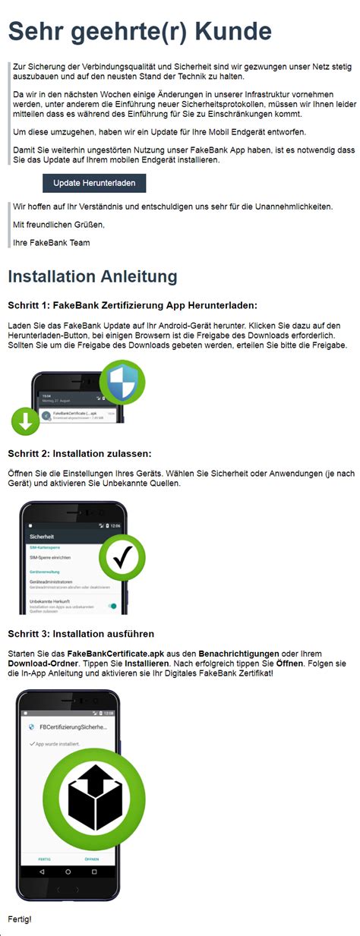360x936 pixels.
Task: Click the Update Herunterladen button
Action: (x=94, y=183)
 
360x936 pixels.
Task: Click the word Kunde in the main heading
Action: (x=232, y=31)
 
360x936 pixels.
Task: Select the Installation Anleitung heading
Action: (x=93, y=276)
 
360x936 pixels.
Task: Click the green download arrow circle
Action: (x=26, y=422)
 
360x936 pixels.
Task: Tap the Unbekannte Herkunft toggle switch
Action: (x=112, y=606)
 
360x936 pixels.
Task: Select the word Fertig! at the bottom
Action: (x=20, y=919)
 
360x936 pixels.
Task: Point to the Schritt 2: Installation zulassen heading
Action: (x=80, y=454)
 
